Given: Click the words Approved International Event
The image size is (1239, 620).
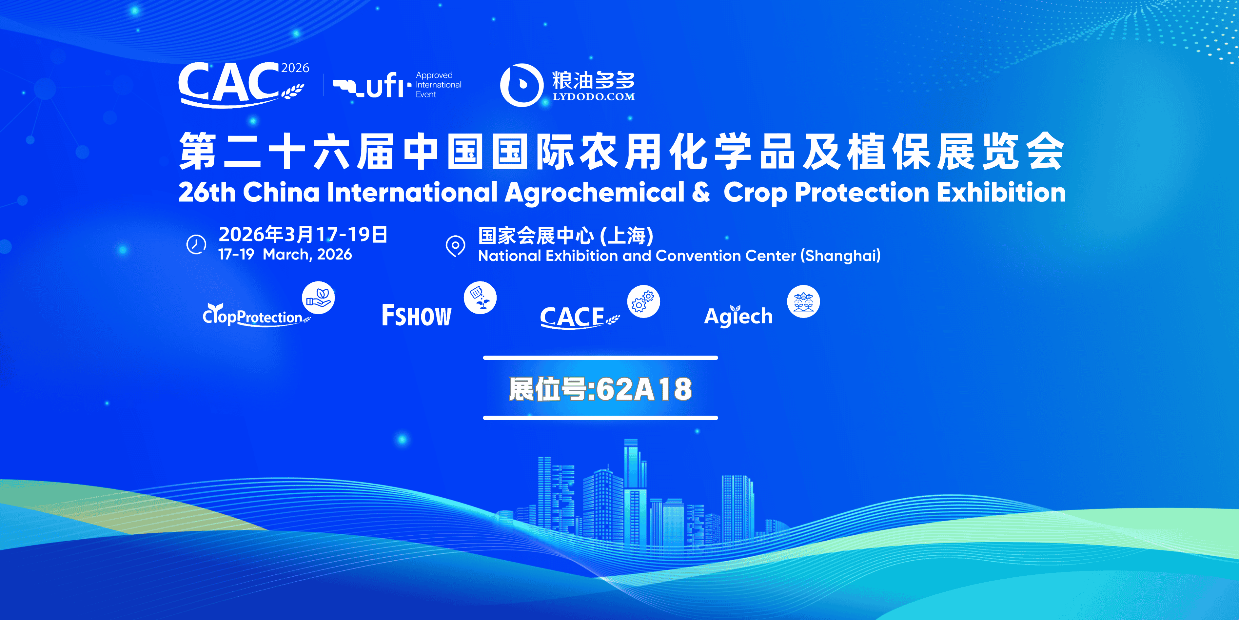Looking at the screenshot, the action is point(439,85).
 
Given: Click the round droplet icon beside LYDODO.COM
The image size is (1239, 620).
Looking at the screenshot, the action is point(522,85).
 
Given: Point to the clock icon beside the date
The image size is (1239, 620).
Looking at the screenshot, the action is point(196,244).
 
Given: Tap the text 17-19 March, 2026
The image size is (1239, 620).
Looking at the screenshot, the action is point(285,254).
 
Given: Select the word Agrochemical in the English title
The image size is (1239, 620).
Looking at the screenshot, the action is point(595,193).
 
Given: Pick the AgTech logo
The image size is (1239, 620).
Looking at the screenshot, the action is point(738,316).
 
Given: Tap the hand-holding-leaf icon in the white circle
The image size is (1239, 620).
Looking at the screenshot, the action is point(318,298).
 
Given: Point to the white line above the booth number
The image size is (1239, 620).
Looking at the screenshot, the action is point(600,358).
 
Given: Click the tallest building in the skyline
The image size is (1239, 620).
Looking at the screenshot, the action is point(631,491).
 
